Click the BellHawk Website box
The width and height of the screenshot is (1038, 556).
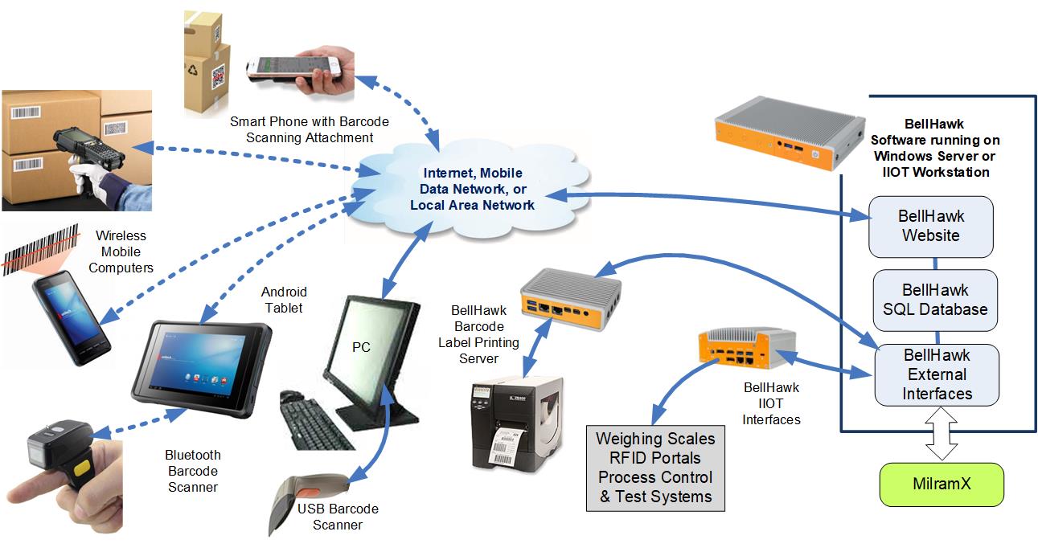931,226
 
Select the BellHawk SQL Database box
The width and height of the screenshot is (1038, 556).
935,299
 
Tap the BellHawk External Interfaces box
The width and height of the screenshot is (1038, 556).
937,374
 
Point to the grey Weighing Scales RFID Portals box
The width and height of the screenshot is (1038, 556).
655,468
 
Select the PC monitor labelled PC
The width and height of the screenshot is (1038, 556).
370,345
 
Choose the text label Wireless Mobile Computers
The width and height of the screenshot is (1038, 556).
121,251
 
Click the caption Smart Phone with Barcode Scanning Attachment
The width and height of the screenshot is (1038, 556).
309,129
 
